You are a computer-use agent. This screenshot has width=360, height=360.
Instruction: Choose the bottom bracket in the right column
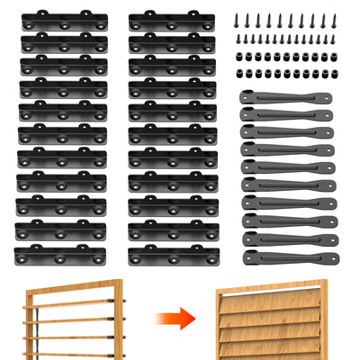point(173,256)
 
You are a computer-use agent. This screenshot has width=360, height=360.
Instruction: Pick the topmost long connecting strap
point(286,96)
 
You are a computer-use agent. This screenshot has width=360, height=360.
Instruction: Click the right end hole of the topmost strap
point(325,96)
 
